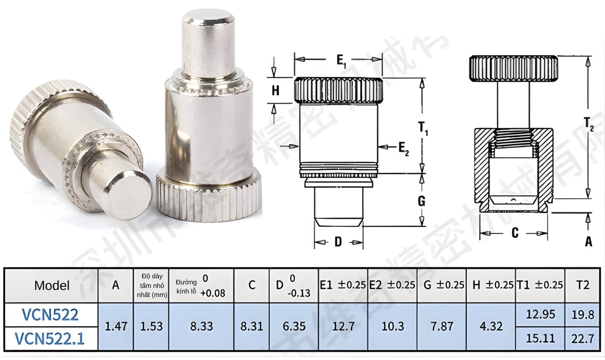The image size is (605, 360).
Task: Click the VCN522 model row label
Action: tap(50, 315)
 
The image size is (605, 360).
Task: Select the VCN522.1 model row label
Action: tap(50, 338)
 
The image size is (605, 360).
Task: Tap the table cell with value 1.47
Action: tap(115, 326)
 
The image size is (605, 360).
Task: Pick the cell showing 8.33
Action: tap(201, 326)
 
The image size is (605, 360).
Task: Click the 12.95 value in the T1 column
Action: tap(540, 315)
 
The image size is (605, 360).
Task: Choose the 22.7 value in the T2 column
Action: tap(582, 338)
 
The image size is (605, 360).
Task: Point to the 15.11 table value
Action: tap(540, 338)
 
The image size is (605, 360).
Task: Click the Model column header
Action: tap(52, 285)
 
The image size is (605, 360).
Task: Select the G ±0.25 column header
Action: tap(443, 285)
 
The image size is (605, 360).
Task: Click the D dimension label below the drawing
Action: tap(338, 243)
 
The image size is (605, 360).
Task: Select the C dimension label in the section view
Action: tap(514, 232)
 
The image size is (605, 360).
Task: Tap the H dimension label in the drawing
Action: tap(275, 91)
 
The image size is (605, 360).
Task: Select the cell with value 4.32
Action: tap(491, 326)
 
